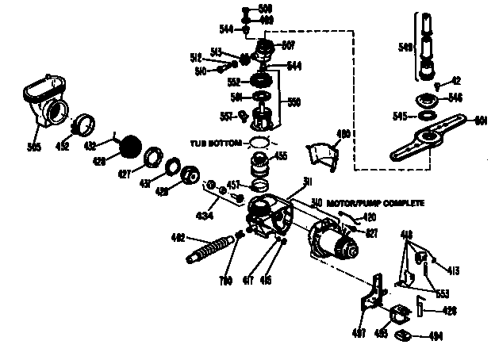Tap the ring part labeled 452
(85, 124)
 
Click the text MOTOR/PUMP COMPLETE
(374, 203)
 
